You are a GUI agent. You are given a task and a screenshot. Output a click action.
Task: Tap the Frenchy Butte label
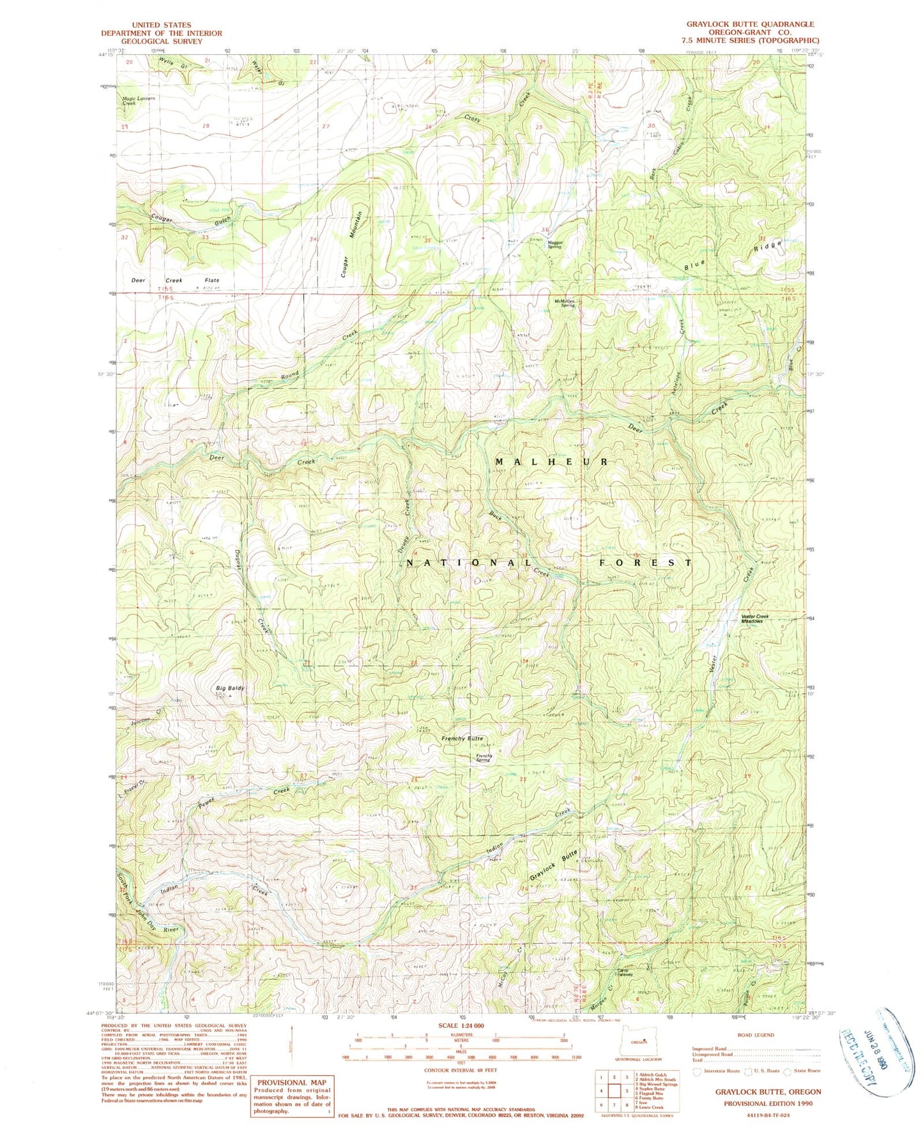click(x=462, y=738)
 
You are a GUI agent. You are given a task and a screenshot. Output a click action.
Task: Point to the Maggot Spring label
click(x=553, y=244)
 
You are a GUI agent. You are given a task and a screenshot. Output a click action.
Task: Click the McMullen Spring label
click(x=565, y=303)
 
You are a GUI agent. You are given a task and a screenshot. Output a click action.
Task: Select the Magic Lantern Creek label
click(x=139, y=100)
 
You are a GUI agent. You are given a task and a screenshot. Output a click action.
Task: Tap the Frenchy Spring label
click(x=483, y=758)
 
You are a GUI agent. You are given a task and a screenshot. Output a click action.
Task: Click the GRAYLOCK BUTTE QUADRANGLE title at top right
click(x=750, y=24)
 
